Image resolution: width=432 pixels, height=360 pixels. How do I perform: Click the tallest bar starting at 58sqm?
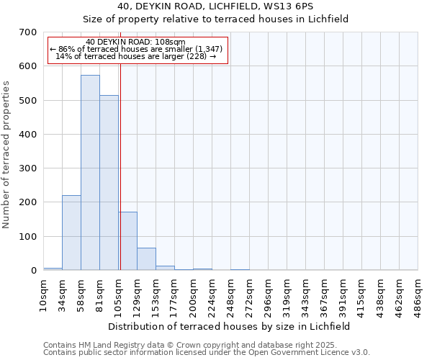point(90,173)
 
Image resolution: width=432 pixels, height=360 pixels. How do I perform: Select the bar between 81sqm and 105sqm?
point(109,183)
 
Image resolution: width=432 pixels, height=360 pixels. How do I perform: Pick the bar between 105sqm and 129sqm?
point(127,241)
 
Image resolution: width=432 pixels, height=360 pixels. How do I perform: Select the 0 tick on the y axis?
point(33,271)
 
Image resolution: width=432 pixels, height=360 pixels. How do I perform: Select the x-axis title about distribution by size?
point(230,326)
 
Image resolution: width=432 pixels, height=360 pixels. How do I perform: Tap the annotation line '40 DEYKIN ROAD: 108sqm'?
point(135,42)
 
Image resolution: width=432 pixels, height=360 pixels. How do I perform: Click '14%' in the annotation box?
point(61,56)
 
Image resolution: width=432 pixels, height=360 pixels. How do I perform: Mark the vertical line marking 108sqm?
point(120,158)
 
